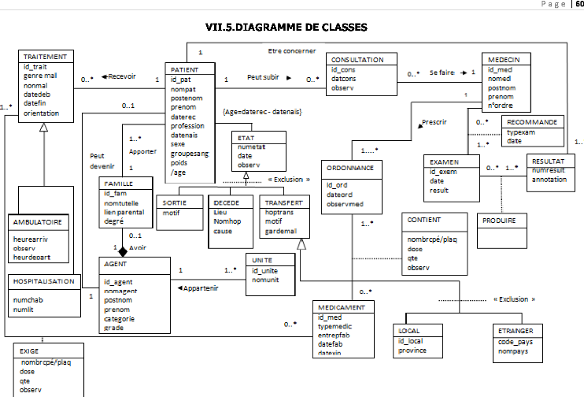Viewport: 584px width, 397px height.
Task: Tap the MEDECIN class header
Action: pos(504,59)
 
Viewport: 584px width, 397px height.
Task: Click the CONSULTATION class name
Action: pos(357,59)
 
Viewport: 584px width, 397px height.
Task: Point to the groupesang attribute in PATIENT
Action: pos(189,154)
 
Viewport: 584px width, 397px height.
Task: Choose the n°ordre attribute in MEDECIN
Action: pos(501,106)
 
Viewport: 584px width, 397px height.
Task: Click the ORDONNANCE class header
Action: pos(353,168)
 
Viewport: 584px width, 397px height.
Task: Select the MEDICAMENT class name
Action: pos(342,306)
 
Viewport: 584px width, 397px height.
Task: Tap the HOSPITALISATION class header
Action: pos(44,281)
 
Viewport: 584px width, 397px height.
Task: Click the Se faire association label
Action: pos(442,72)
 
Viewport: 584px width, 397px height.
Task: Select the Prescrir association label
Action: pos(434,123)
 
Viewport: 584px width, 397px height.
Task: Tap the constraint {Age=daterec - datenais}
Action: pos(263,112)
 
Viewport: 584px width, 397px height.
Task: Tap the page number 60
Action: pos(578,5)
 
